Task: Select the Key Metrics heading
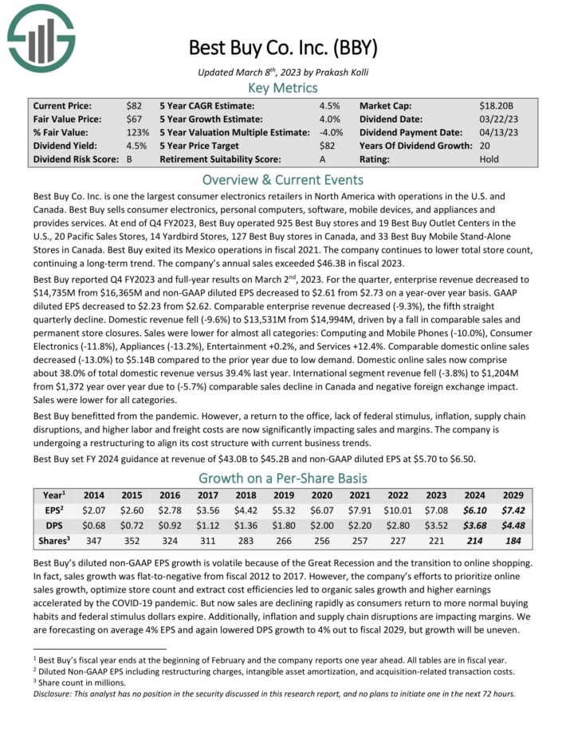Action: pyautogui.click(x=282, y=88)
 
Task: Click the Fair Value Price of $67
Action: pyautogui.click(x=135, y=119)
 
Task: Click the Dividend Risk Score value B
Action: pyautogui.click(x=129, y=159)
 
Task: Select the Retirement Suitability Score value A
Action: pyautogui.click(x=322, y=159)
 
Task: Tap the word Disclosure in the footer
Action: pyautogui.click(x=52, y=693)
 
